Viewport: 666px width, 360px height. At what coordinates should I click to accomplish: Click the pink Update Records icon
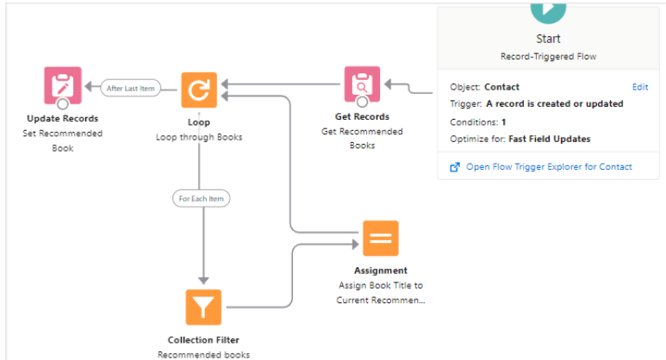(62, 85)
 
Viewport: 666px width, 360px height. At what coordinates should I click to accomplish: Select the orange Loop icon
(199, 89)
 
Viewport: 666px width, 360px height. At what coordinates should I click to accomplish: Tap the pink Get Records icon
(362, 84)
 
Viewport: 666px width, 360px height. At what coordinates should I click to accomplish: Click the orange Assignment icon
(380, 239)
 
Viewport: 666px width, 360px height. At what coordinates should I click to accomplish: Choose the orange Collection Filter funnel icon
(203, 307)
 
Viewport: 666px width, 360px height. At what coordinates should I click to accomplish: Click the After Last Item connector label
(131, 88)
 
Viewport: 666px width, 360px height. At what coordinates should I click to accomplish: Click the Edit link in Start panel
(639, 87)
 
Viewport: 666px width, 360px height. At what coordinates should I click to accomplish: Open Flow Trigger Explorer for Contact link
(549, 166)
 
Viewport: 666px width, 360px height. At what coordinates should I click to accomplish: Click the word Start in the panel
(548, 39)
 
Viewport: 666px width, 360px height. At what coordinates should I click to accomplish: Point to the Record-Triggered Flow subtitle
(548, 56)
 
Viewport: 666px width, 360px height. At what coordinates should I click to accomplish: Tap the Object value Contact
(501, 87)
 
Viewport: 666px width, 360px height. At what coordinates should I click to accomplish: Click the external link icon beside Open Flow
(455, 166)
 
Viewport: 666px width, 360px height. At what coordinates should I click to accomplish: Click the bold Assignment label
(380, 270)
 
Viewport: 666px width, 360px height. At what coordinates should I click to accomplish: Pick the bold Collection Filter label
(203, 339)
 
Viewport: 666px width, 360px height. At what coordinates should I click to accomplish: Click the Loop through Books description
(199, 137)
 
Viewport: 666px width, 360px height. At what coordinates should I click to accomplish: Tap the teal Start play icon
(549, 9)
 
